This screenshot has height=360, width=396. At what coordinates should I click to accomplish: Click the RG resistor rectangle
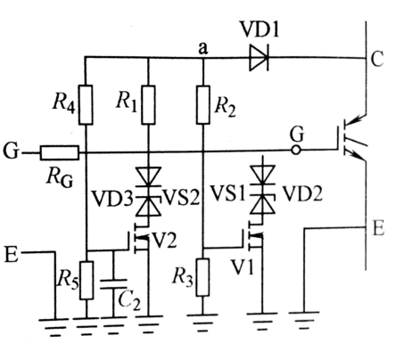pyautogui.click(x=61, y=152)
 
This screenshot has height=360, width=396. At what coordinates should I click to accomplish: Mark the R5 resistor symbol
pyautogui.click(x=86, y=277)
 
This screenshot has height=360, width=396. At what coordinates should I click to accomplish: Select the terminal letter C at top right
pyautogui.click(x=377, y=59)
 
